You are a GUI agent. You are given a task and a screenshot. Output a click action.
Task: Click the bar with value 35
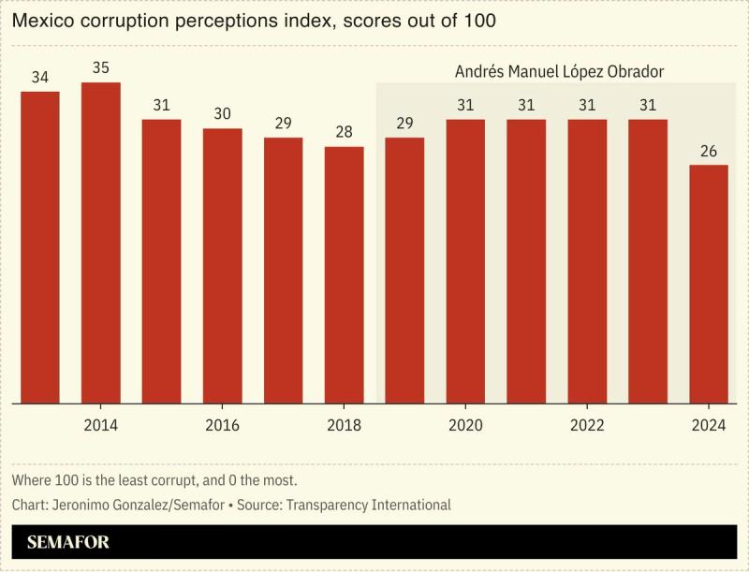click(x=101, y=243)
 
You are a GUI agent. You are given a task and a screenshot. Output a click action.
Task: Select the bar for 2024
click(x=709, y=285)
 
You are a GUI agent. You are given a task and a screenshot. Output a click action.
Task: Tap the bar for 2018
click(x=344, y=275)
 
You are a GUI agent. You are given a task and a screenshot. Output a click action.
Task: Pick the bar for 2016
click(x=223, y=266)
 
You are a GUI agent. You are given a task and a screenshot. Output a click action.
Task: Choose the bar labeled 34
click(x=40, y=248)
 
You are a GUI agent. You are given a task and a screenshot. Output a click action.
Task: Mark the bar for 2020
click(x=465, y=261)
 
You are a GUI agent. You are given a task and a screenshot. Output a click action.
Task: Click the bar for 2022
click(x=587, y=261)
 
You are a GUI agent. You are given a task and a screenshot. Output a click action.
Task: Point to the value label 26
click(x=709, y=151)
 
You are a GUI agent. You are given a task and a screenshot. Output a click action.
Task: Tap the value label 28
click(x=344, y=132)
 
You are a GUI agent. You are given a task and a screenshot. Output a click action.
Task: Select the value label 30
click(x=223, y=114)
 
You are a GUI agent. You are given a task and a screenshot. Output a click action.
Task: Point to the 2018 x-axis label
click(x=344, y=426)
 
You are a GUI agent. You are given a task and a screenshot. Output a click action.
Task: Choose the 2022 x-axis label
click(x=587, y=426)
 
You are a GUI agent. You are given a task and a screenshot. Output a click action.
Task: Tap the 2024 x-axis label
click(x=709, y=426)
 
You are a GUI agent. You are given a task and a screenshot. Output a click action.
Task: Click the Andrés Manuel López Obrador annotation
click(x=552, y=71)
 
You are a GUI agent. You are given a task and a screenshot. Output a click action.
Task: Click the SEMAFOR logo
click(x=68, y=542)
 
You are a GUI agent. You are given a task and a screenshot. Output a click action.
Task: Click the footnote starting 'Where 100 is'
click(x=154, y=480)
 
